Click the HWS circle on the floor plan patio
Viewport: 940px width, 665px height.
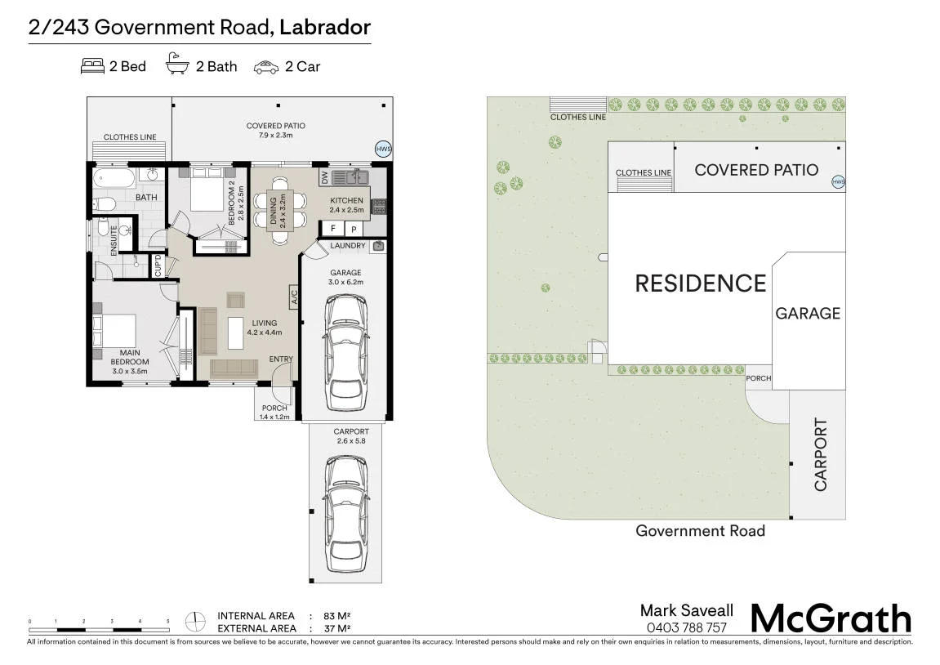[383, 150]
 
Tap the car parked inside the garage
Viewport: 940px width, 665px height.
[346, 353]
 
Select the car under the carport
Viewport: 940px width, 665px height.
[346, 514]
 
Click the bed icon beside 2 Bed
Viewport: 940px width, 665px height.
[92, 66]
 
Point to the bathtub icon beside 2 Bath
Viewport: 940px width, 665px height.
[177, 63]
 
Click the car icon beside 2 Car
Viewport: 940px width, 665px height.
[266, 67]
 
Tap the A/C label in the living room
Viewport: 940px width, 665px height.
[294, 297]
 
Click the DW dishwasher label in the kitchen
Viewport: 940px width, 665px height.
[325, 177]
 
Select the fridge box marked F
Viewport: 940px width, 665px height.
[332, 229]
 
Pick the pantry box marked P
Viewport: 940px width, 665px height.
[354, 229]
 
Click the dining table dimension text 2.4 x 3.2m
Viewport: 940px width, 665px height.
[283, 212]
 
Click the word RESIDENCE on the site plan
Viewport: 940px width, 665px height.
[700, 283]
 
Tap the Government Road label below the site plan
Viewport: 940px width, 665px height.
[700, 531]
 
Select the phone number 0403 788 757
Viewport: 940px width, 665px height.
[686, 627]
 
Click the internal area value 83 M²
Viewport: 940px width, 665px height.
[336, 616]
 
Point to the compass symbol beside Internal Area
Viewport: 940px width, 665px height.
[195, 621]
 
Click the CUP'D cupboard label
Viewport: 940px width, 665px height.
[158, 266]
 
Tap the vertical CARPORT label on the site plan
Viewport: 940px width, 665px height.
[820, 454]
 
